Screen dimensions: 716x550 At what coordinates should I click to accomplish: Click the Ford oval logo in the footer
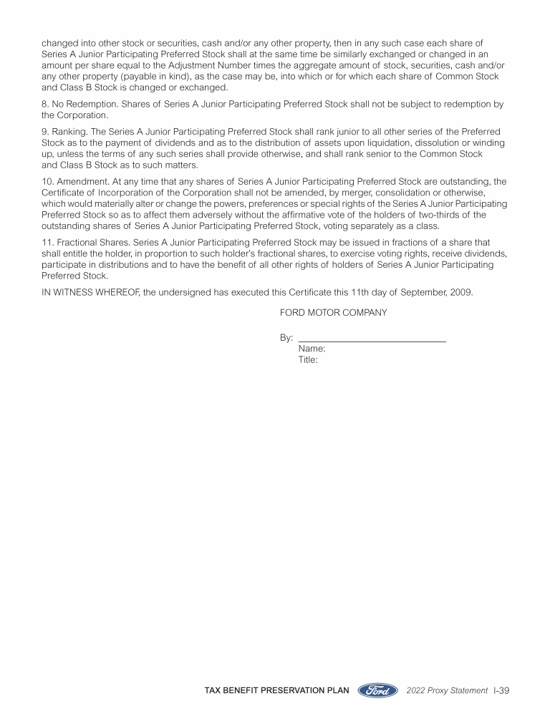(377, 690)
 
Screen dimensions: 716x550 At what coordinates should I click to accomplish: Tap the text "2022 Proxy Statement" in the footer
(447, 690)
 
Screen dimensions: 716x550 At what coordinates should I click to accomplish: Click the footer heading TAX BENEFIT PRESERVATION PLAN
(277, 690)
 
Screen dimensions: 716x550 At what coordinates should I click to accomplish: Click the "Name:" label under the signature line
(312, 349)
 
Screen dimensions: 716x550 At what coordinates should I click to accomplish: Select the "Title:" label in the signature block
(308, 359)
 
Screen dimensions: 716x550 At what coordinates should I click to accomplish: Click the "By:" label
(286, 337)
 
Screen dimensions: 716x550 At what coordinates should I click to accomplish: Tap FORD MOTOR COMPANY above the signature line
(333, 312)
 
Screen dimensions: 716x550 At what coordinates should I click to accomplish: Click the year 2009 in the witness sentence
(460, 292)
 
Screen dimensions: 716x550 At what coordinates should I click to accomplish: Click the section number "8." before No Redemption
(46, 104)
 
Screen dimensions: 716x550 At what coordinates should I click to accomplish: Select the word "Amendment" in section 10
(83, 181)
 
